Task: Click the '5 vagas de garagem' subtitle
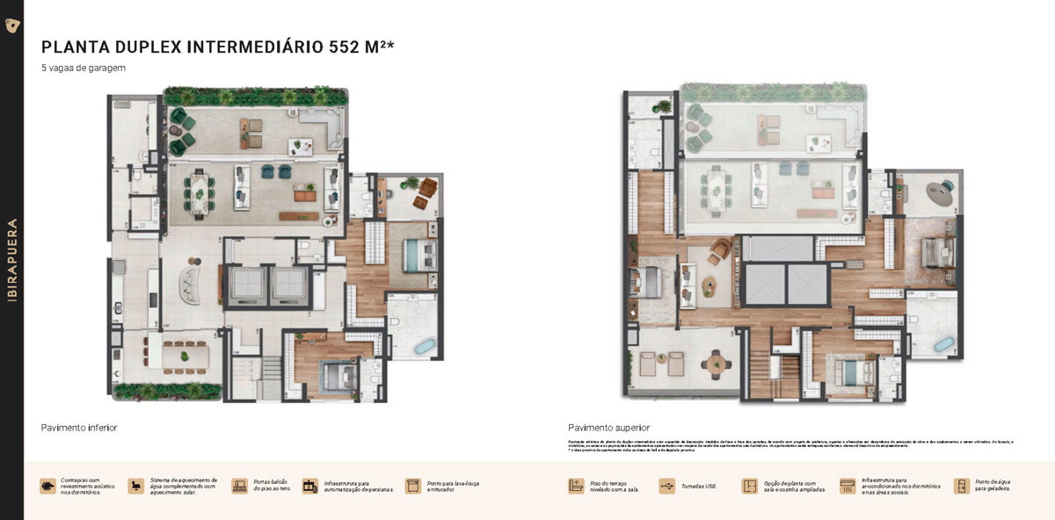84,69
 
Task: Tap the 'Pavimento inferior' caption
79,428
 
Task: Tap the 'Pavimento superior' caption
608,428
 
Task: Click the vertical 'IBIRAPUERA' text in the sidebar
12,260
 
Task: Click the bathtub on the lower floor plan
424,347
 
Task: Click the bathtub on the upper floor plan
942,344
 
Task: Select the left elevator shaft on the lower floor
244,284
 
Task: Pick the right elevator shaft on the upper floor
807,284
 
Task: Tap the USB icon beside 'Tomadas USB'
666,486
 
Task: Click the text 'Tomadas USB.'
698,486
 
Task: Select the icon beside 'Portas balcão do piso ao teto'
239,486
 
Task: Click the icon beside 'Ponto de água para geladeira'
962,486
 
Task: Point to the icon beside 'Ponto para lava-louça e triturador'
412,486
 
